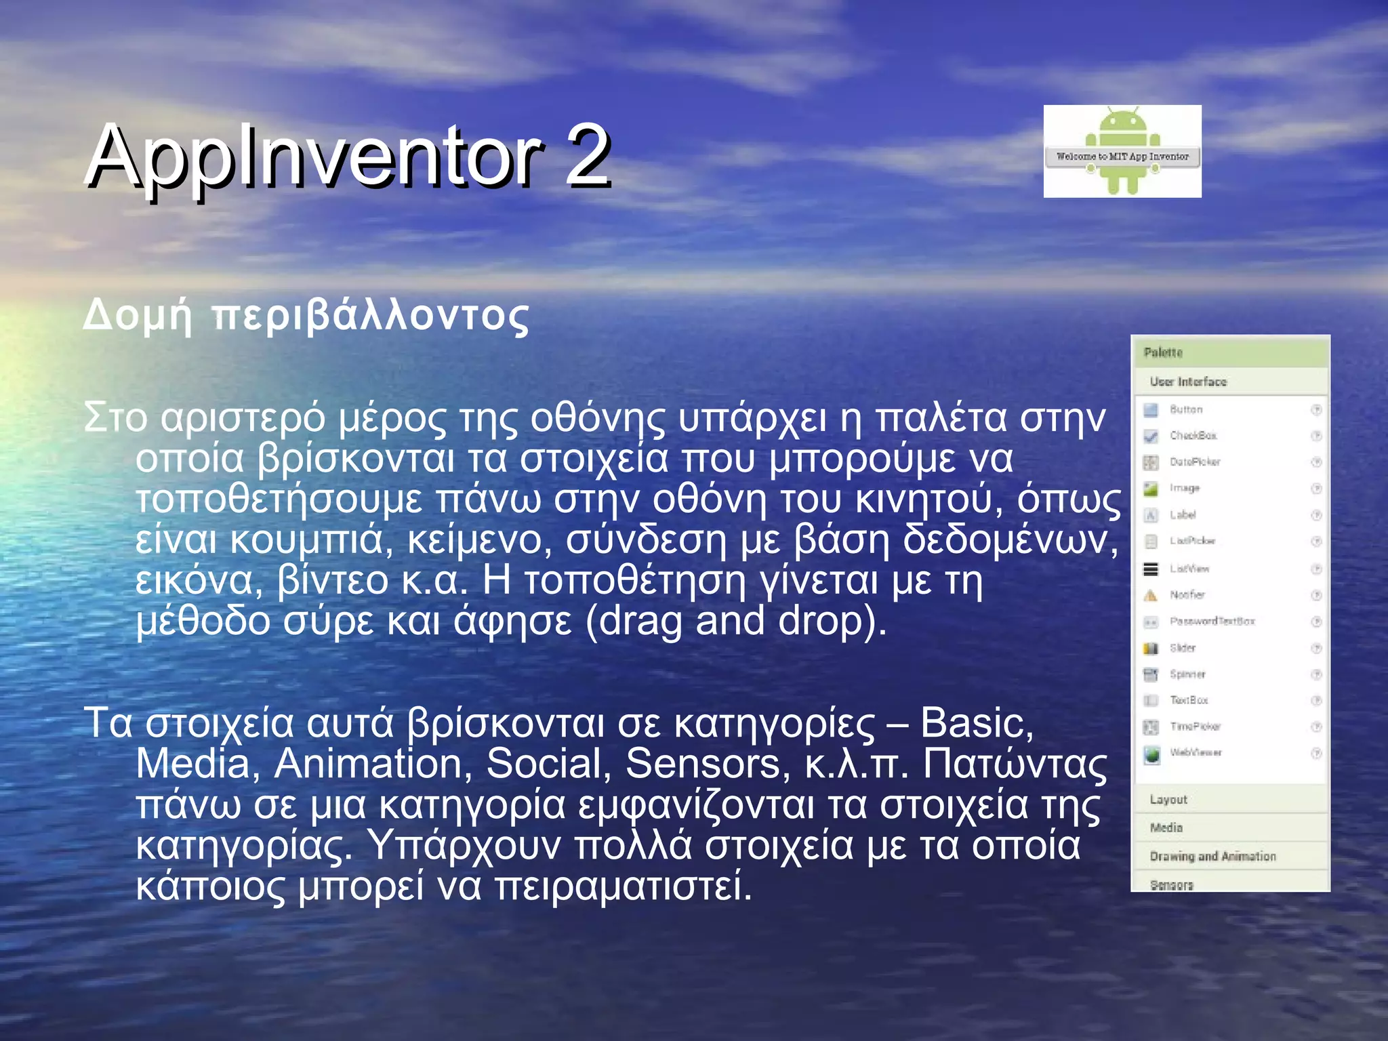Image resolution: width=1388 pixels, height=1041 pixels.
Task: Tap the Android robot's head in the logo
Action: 1122,125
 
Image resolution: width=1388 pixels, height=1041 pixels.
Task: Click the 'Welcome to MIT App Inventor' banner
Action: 1122,157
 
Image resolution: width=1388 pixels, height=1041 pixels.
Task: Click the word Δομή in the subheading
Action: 138,316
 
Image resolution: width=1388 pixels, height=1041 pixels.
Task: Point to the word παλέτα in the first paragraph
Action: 941,418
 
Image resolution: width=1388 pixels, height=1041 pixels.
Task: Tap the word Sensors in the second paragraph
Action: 702,764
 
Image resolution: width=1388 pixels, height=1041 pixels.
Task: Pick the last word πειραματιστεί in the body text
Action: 623,886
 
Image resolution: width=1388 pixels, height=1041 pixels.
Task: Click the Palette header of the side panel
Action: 1163,352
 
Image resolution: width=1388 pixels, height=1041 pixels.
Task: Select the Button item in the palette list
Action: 1186,409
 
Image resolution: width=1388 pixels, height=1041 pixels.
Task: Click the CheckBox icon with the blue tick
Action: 1151,436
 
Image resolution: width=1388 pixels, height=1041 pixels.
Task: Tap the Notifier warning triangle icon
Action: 1151,595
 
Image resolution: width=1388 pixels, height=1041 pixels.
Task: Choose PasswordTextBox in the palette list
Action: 1212,621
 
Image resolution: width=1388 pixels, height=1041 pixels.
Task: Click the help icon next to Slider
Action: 1316,648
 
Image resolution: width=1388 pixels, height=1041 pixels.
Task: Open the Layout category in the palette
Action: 1168,800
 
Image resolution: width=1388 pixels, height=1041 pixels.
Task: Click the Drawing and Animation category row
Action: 1212,857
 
